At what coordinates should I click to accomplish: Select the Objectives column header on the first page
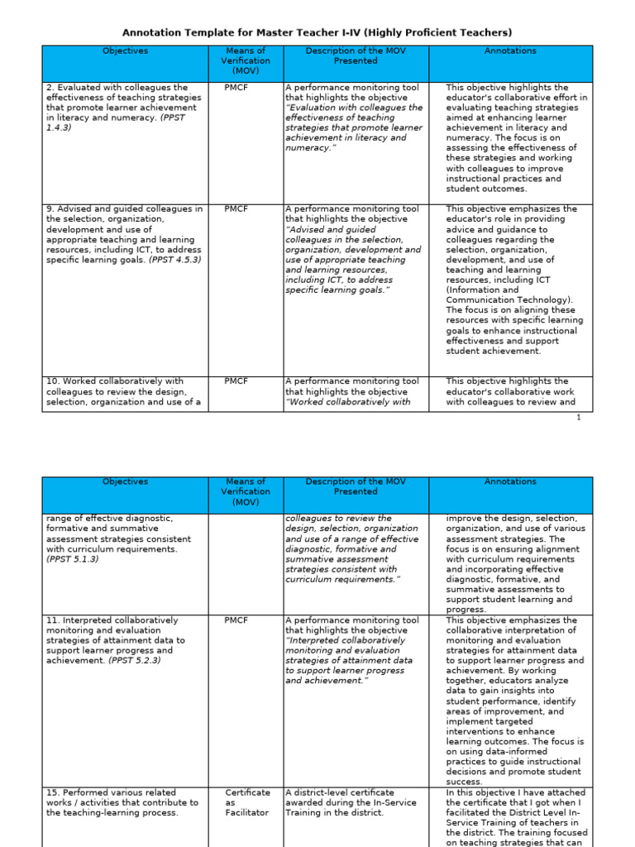125,51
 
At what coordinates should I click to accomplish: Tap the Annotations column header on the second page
510,481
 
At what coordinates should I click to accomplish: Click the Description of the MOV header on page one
355,55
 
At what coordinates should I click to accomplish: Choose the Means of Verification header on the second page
245,491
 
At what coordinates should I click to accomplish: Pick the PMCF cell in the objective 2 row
236,88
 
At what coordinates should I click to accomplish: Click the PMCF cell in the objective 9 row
236,210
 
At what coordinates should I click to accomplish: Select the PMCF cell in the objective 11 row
236,620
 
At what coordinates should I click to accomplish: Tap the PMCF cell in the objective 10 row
236,382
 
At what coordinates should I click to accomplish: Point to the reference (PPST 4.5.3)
174,260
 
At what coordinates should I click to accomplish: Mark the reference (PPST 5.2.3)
134,661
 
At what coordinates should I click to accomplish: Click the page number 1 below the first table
579,418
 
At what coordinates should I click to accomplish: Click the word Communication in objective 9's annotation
478,300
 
